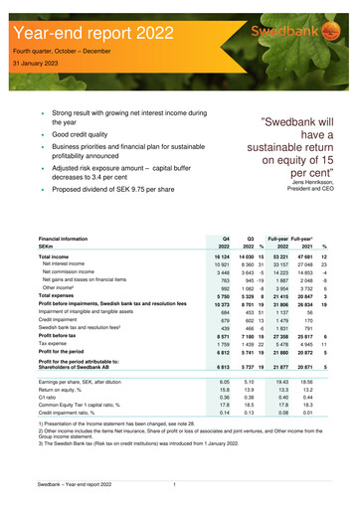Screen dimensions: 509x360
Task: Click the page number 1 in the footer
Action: pyautogui.click(x=175, y=484)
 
